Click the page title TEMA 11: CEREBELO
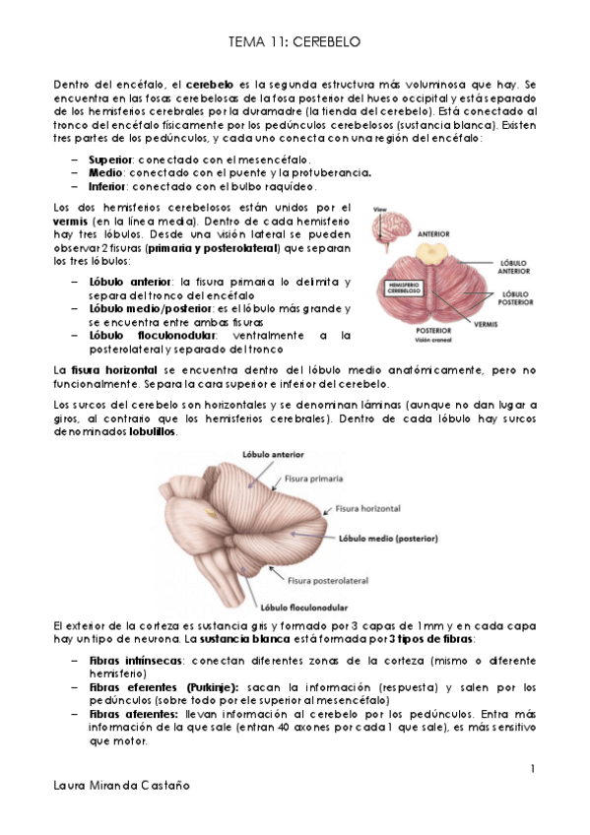[x=295, y=42]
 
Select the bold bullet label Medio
[x=105, y=173]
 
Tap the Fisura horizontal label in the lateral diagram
[x=367, y=509]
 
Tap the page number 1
[x=532, y=768]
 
